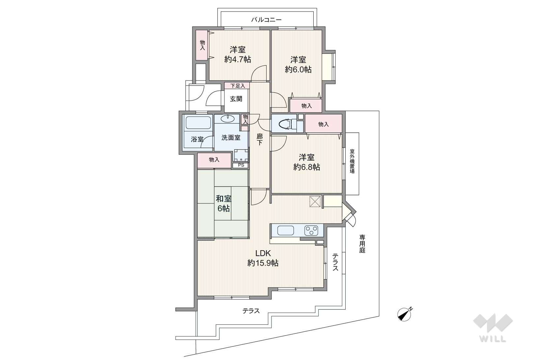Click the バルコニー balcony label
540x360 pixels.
(267, 19)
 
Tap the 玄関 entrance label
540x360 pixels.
(236, 99)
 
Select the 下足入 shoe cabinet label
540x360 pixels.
(238, 86)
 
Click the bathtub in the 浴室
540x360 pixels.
(198, 123)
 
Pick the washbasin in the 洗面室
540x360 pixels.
(228, 118)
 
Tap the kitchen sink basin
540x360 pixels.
(286, 231)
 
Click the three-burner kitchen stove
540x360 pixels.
(311, 230)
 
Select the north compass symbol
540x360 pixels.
(405, 314)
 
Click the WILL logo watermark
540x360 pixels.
(493, 328)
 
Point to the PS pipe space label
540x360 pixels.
(241, 165)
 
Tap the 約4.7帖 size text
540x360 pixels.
(238, 59)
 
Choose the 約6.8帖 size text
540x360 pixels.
(307, 167)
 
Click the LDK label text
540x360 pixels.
(263, 253)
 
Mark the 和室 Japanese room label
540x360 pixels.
(223, 199)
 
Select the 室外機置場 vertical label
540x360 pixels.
(352, 161)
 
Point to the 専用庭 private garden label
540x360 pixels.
(362, 244)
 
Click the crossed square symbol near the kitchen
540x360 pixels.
(315, 202)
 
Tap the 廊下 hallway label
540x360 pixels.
(259, 140)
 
